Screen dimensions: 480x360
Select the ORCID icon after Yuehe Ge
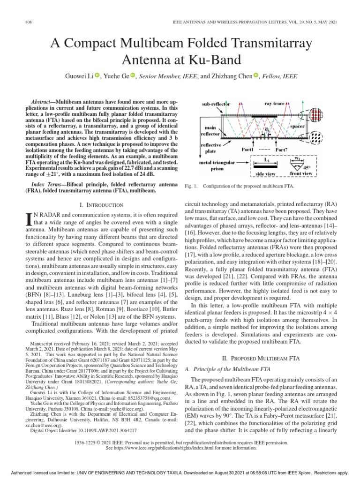coord(133,75)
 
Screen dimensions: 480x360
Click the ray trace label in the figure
coord(274,103)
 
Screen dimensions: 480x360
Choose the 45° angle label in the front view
coord(320,168)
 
